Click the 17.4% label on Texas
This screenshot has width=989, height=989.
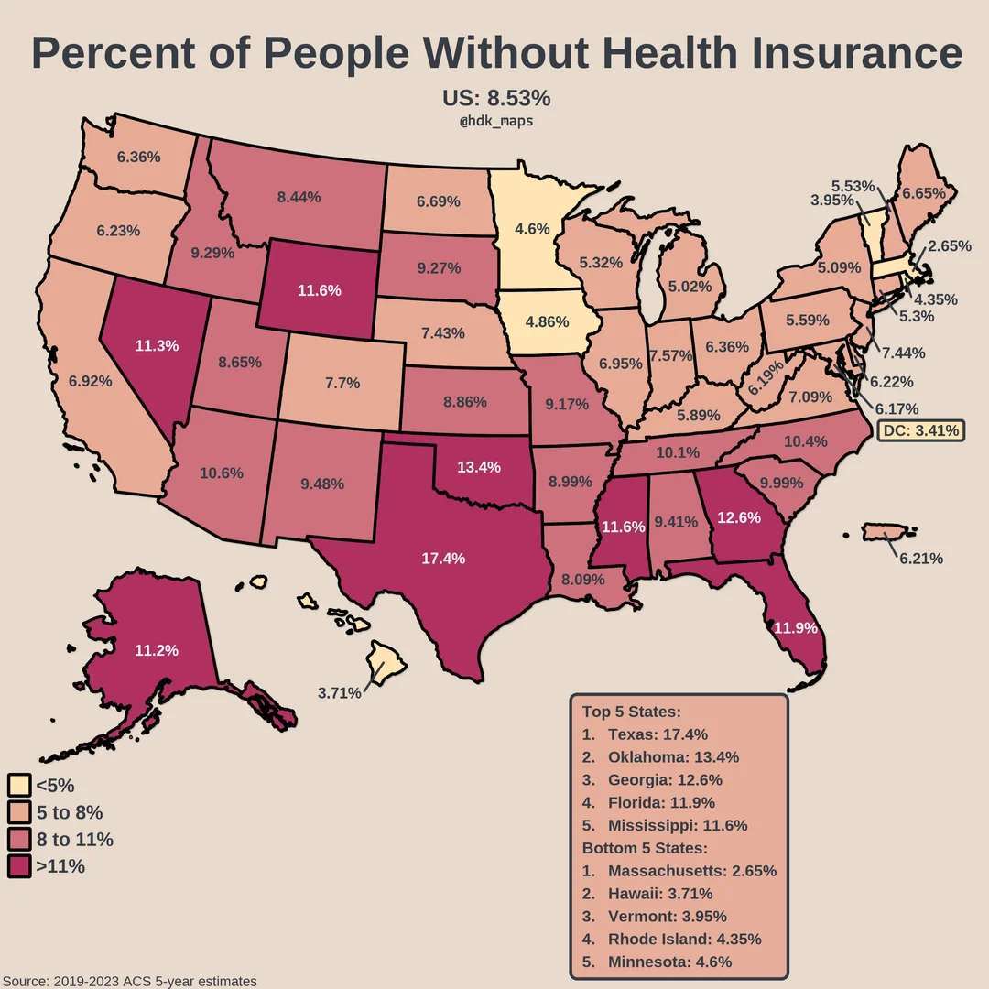tap(443, 558)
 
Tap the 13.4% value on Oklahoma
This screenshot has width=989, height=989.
tap(478, 467)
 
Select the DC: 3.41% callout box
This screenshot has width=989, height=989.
tap(919, 429)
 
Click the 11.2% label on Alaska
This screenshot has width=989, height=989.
tap(156, 650)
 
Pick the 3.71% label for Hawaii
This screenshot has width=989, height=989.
tap(340, 693)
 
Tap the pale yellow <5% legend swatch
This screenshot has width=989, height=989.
tap(19, 785)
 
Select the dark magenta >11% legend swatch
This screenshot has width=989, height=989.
tap(19, 865)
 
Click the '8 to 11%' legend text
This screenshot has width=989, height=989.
tap(74, 839)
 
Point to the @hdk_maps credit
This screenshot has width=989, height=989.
tap(495, 121)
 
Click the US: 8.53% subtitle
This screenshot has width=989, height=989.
tap(496, 98)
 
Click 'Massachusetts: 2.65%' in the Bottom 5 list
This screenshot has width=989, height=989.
tap(691, 871)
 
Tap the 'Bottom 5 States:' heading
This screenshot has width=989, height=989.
tap(645, 848)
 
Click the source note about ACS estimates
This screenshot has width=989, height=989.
tap(129, 981)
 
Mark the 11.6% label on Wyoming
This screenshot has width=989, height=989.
tap(320, 290)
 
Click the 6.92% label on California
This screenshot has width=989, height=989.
tap(89, 381)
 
